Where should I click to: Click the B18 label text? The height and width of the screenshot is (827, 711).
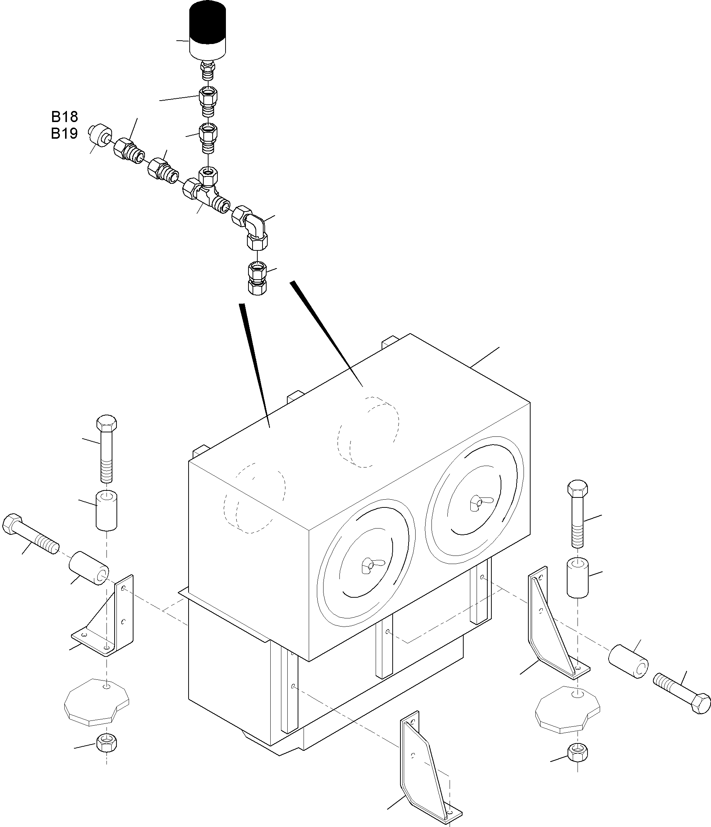click(65, 117)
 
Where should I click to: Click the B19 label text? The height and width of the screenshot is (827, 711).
click(65, 133)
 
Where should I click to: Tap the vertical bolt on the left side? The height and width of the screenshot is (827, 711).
click(107, 449)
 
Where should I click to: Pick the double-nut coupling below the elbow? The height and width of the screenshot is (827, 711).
click(257, 278)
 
